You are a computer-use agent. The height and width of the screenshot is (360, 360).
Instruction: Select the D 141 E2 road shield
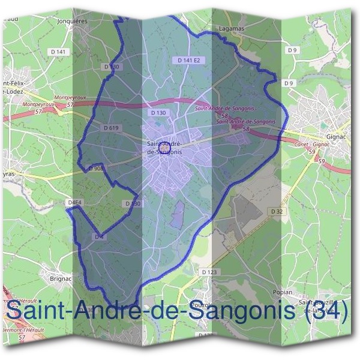click(189, 61)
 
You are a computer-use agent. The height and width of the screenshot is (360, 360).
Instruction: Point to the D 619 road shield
click(112, 128)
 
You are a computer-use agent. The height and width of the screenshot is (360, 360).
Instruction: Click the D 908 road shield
click(96, 169)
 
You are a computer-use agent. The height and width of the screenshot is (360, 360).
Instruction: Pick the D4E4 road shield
click(75, 203)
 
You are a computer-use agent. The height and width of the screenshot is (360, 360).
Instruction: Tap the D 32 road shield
click(277, 211)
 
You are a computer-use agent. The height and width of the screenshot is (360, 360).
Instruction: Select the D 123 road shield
click(209, 272)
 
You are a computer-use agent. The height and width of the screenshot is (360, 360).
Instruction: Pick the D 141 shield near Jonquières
click(59, 52)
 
